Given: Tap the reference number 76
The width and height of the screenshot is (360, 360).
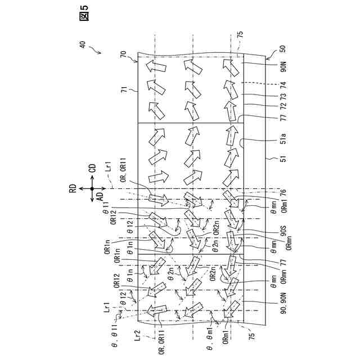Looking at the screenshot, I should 283,192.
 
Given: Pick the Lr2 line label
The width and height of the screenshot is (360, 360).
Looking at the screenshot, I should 137,336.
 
